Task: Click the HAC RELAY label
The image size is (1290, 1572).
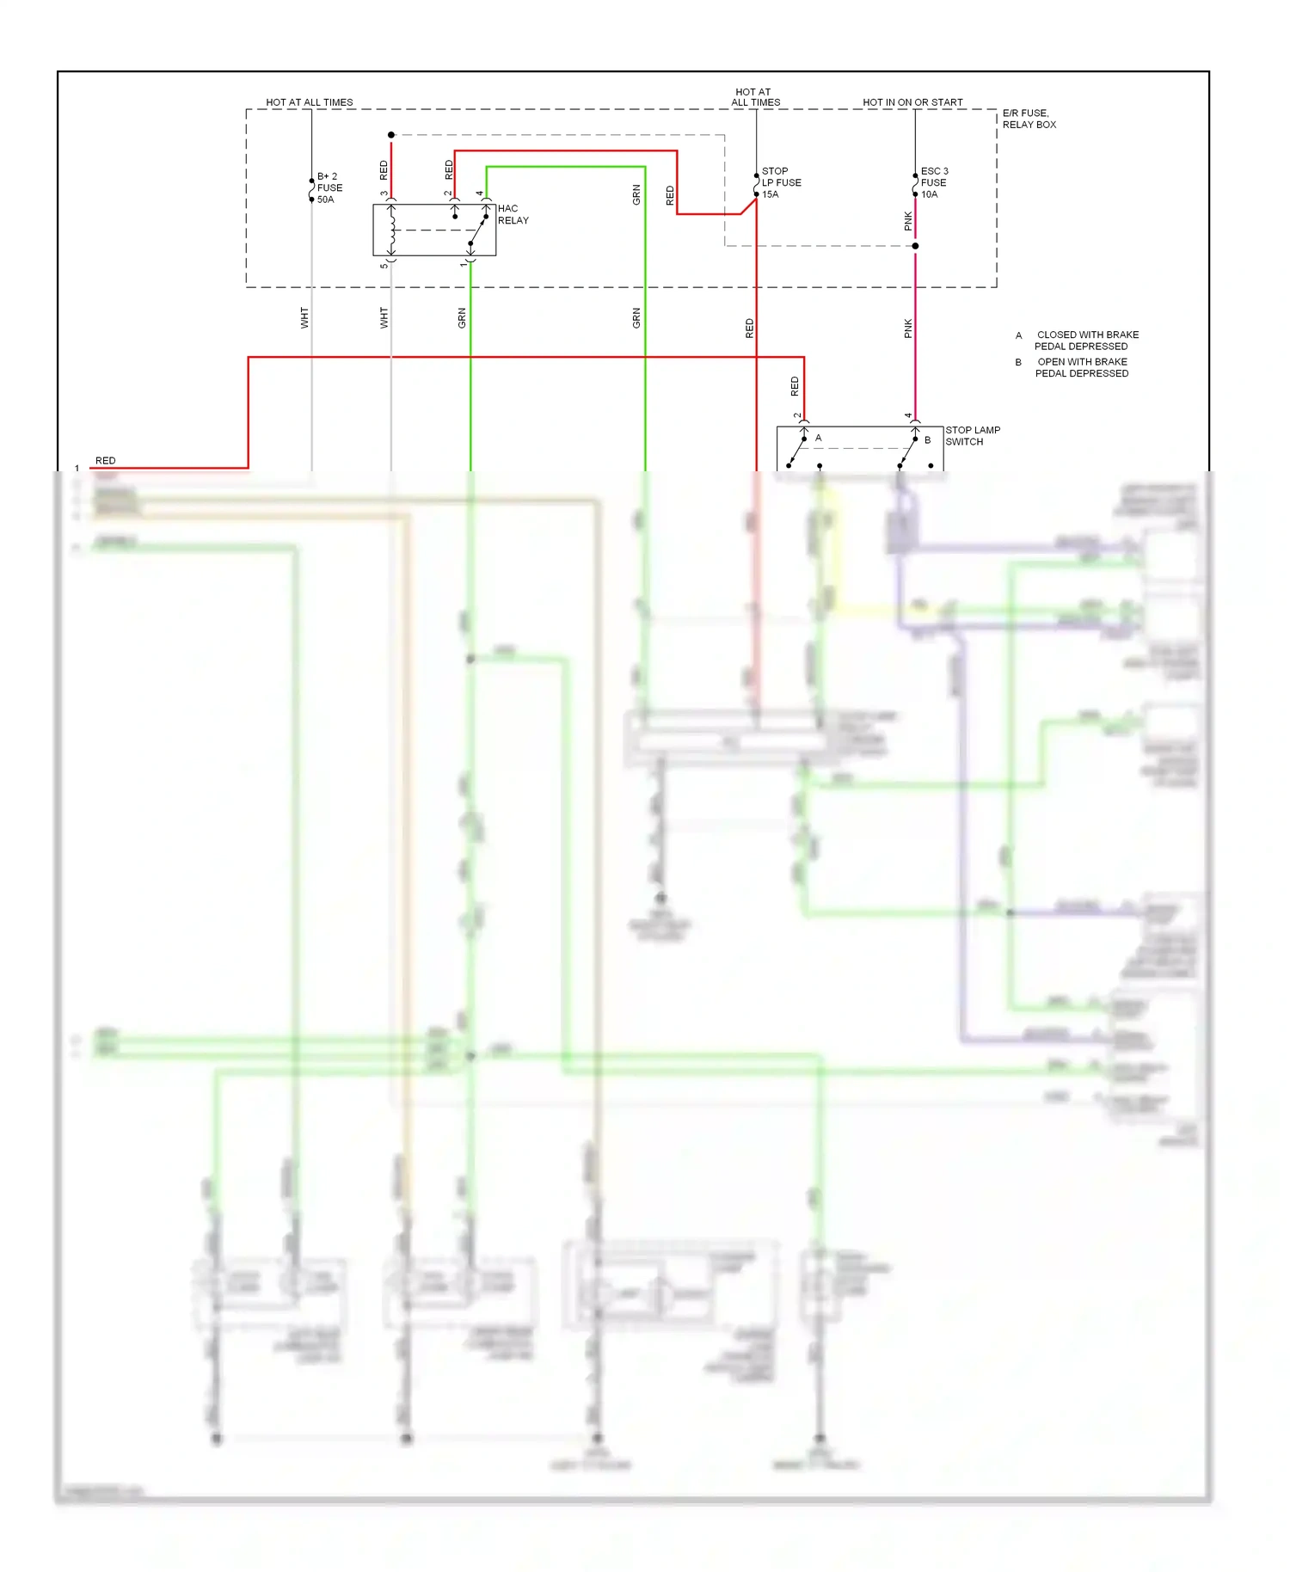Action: [x=513, y=214]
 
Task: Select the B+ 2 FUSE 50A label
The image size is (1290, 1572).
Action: [x=329, y=187]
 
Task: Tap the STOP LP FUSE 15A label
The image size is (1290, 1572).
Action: [x=780, y=182]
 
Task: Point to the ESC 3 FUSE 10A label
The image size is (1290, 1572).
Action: [x=934, y=182]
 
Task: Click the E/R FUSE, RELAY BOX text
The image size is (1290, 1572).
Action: [x=1029, y=119]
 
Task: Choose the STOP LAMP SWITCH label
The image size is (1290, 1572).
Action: [x=972, y=435]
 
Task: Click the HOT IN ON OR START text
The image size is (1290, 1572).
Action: [x=912, y=102]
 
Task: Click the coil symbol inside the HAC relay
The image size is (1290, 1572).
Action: [x=392, y=230]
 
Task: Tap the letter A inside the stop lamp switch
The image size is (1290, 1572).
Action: [x=818, y=438]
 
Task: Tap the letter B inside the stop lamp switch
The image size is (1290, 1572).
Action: [x=927, y=439]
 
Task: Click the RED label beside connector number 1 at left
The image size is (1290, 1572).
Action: [x=105, y=461]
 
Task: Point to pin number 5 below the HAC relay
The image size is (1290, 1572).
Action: [x=384, y=265]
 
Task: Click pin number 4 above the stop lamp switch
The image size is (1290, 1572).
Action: [x=908, y=415]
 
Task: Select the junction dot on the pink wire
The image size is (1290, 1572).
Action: [x=915, y=246]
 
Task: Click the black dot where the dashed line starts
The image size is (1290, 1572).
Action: [x=391, y=135]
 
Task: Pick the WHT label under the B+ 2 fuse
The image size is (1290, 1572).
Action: [x=304, y=318]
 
